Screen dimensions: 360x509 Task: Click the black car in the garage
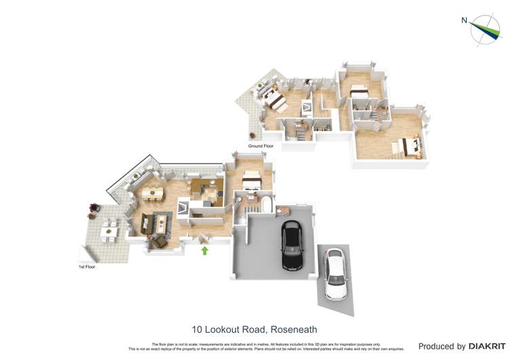(x=293, y=246)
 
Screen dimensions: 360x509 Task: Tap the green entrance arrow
(x=205, y=251)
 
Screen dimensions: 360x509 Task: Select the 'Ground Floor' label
(x=261, y=146)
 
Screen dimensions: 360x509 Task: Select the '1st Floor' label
(x=86, y=267)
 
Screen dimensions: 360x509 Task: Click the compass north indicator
(x=485, y=30)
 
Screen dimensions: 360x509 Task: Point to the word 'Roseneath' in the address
(x=293, y=329)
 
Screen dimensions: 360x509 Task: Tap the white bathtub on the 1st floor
(x=265, y=206)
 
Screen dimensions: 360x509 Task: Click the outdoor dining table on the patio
(x=109, y=229)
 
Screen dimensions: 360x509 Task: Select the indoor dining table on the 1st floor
(x=153, y=194)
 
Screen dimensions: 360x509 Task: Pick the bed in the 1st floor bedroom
(x=249, y=181)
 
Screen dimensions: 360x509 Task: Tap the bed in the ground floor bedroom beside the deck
(x=276, y=100)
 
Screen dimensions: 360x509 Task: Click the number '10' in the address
(x=197, y=329)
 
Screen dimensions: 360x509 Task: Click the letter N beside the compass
(x=464, y=20)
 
